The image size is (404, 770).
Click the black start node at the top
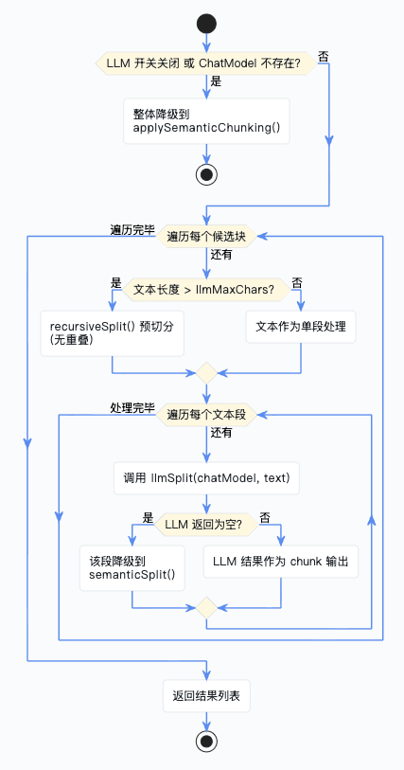tap(206, 24)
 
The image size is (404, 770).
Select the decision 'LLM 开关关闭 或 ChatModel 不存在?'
tap(206, 63)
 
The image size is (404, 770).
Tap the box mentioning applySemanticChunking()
tap(206, 121)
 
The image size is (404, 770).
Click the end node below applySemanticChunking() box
tap(206, 174)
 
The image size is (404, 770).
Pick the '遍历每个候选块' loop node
tap(206, 237)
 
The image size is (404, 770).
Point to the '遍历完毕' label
tap(132, 230)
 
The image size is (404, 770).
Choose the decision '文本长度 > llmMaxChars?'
tap(206, 290)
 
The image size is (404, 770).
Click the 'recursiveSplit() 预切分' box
tap(113, 333)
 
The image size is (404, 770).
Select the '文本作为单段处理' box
tap(301, 327)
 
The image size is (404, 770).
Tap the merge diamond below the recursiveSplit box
tap(206, 373)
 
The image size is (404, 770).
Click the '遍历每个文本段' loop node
tap(206, 415)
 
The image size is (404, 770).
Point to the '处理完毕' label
tap(132, 407)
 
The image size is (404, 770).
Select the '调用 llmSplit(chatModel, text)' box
tap(206, 477)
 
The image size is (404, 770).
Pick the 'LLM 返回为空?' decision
tap(206, 525)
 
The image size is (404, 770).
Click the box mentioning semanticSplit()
tap(132, 567)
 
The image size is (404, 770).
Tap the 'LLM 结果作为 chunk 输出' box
tap(281, 562)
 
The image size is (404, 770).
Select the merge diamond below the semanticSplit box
tap(206, 608)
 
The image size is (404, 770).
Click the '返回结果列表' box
tap(206, 696)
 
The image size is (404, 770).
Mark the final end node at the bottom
tap(206, 741)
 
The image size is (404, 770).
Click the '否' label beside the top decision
tap(324, 57)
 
